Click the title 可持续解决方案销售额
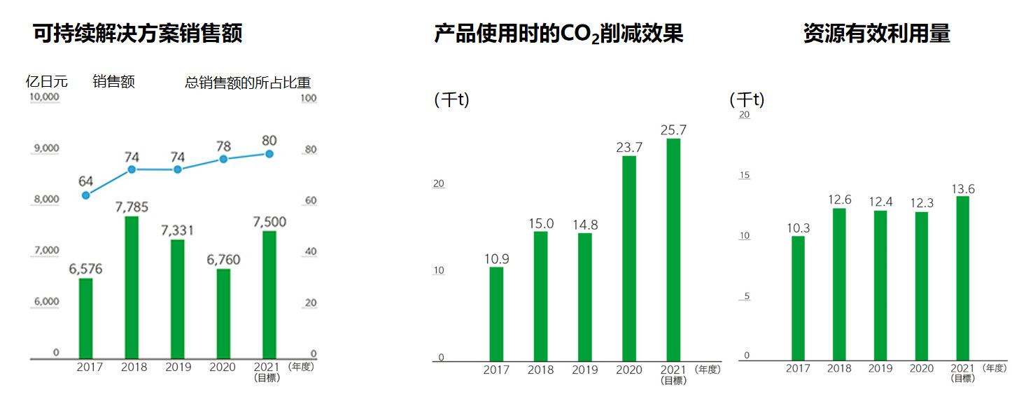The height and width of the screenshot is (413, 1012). pos(138,34)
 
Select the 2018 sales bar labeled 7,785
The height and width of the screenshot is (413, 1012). pos(131,287)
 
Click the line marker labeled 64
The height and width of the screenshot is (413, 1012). pos(86,195)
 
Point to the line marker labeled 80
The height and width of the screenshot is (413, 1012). pos(269,154)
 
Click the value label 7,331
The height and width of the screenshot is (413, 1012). pos(177,230)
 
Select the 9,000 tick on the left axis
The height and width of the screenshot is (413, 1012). pos(45,148)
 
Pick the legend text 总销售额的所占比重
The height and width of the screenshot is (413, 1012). pos(248,83)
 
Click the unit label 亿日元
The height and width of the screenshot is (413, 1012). pos(47,81)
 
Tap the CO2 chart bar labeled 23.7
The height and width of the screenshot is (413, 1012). pos(629,258)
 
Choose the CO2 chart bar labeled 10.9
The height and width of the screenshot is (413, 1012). pos(496,314)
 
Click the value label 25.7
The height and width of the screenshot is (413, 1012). pos(673,130)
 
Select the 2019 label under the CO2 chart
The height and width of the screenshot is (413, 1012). pos(585,370)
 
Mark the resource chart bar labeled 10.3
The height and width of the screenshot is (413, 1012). pos(798,297)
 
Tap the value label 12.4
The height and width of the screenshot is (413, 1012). pos(880,202)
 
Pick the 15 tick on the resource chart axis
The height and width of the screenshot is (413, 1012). pos(745,174)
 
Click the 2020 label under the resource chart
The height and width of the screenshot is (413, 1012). pos(922,368)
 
